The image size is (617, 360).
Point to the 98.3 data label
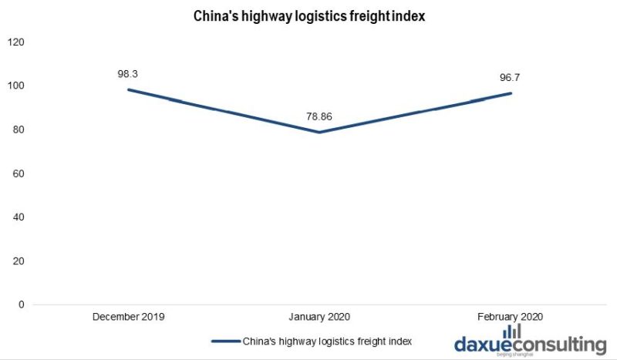128,74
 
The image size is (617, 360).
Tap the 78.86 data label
319,117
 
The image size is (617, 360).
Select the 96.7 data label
511,78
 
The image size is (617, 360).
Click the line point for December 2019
128,89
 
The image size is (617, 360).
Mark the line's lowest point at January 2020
319,132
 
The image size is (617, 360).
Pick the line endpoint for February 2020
511,93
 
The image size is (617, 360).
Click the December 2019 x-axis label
128,316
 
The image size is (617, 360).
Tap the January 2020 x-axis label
319,316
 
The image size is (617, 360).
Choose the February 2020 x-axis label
511,316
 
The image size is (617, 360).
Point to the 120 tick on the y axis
15,42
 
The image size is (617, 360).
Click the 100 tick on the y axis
15,86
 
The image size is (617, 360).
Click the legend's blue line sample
224,340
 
